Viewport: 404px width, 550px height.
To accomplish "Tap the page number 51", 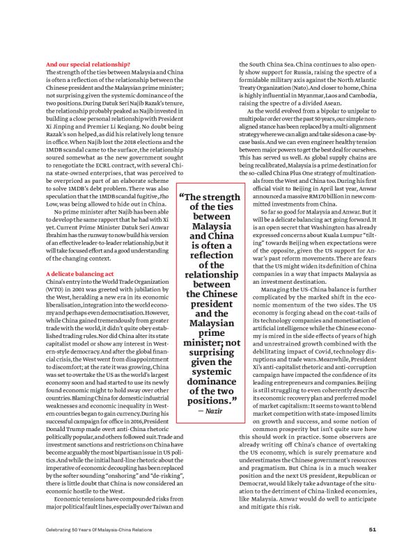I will click(373, 528).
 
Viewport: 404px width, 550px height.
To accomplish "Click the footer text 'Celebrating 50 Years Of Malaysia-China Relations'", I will click(102, 528).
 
